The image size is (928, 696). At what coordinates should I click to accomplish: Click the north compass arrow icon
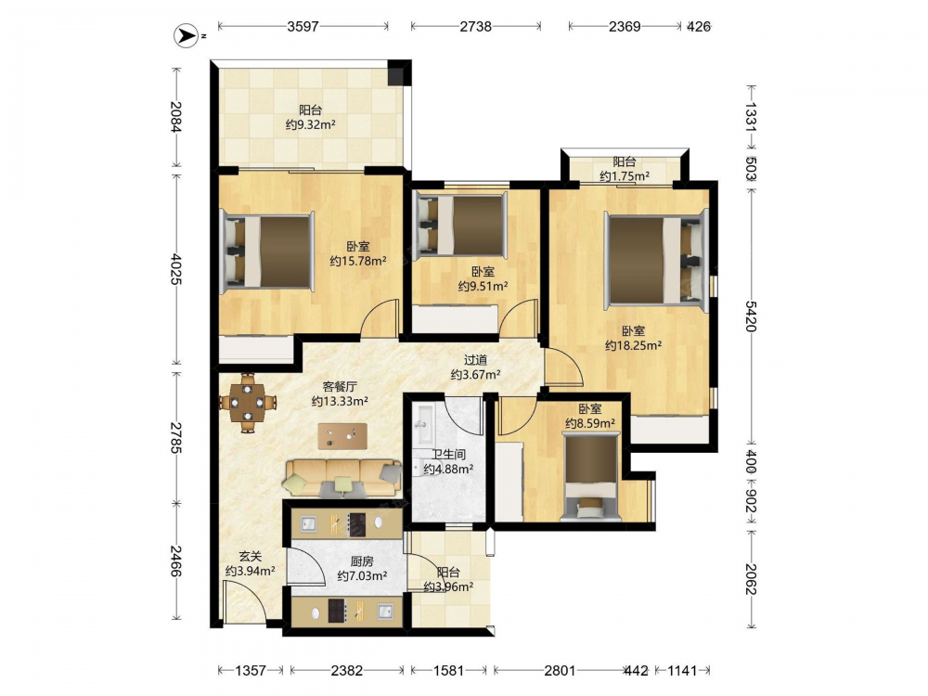tap(186, 36)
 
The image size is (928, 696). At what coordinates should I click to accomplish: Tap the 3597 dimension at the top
tap(303, 26)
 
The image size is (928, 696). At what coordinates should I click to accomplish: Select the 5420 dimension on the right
tap(751, 316)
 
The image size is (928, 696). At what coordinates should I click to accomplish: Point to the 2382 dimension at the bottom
tap(347, 671)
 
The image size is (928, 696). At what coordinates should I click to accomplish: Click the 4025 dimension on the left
tap(175, 269)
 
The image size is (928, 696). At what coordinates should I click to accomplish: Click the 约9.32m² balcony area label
tap(311, 125)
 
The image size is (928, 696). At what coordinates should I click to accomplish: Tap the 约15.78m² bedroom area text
tap(358, 261)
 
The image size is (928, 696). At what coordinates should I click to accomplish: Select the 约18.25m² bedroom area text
tap(633, 345)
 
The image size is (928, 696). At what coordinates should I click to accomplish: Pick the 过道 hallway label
tap(475, 360)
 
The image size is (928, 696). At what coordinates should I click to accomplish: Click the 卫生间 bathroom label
tap(448, 455)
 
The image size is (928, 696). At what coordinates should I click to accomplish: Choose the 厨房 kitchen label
tap(362, 561)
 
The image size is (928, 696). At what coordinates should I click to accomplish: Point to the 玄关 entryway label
tap(251, 556)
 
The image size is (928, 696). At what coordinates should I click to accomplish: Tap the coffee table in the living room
tap(342, 436)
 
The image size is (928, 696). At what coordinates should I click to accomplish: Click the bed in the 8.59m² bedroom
tap(590, 477)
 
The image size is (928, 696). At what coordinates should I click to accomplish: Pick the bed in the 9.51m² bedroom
tap(462, 225)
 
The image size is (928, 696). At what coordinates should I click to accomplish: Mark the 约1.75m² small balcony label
tap(625, 176)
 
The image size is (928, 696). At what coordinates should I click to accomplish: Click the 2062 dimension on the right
tap(751, 579)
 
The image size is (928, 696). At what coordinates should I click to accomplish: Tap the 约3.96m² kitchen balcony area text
tap(448, 587)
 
